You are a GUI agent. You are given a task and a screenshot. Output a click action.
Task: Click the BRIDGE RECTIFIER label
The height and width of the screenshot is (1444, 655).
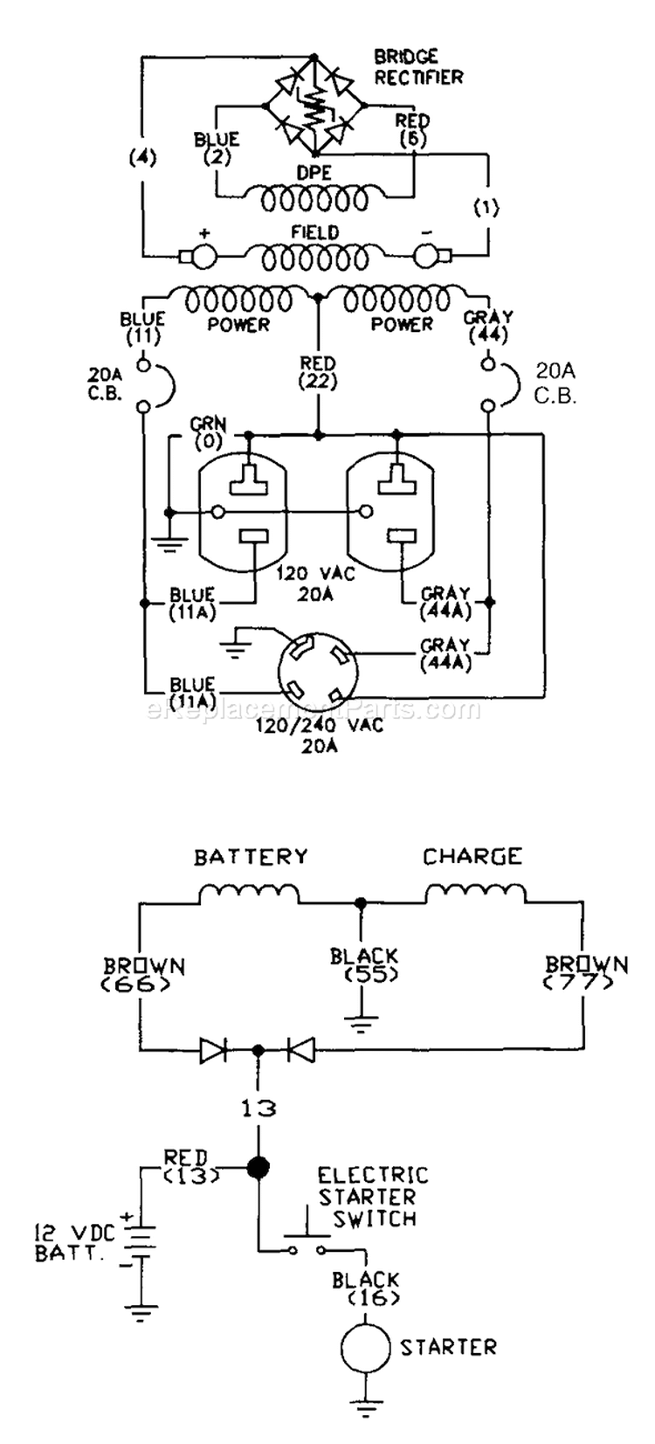[417, 67]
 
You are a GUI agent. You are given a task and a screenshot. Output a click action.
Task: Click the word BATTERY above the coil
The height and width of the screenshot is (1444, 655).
[251, 856]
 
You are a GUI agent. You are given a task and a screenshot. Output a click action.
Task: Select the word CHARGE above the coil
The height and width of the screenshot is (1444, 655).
[472, 856]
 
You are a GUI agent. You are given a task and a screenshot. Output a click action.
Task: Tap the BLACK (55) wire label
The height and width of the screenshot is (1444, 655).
[364, 965]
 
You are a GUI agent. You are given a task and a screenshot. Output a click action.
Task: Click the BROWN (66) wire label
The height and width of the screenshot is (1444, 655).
[145, 975]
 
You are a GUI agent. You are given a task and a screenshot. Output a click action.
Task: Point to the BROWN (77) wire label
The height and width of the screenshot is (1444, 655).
[586, 975]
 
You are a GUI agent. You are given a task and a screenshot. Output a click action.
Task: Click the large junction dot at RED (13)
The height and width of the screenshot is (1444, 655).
[258, 1167]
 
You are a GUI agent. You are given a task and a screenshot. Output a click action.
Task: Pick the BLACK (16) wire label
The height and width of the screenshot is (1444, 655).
[365, 1289]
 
